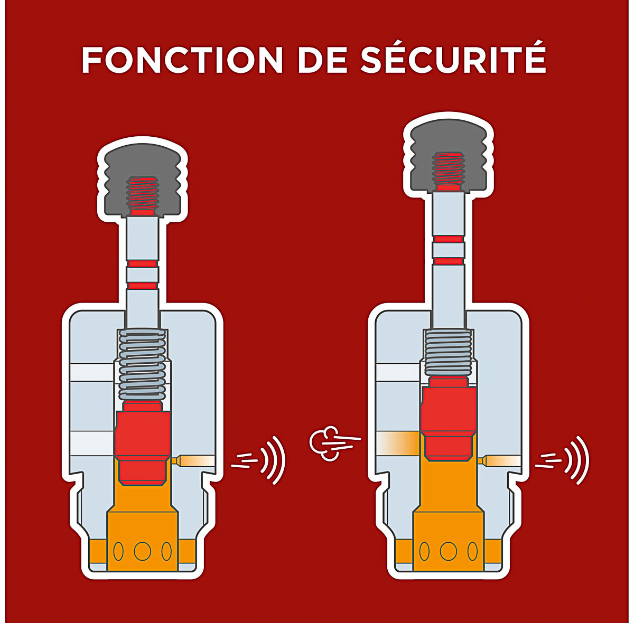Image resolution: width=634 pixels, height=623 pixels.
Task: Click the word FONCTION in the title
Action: coord(182,61)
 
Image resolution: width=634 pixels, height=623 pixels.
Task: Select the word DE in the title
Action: coord(322,61)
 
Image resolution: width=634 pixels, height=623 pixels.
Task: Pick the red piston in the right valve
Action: coord(448,418)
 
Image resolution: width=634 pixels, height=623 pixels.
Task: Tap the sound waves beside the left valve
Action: coord(260,459)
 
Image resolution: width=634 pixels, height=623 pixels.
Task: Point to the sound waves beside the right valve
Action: coord(563,459)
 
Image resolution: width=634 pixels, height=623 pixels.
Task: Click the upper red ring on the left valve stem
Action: coord(143,263)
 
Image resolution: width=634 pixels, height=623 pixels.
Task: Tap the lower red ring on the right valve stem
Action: coord(449,261)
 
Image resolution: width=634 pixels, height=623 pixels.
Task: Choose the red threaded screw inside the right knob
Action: coord(449,171)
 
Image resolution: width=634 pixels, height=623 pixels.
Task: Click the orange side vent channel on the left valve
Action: coord(194,460)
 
